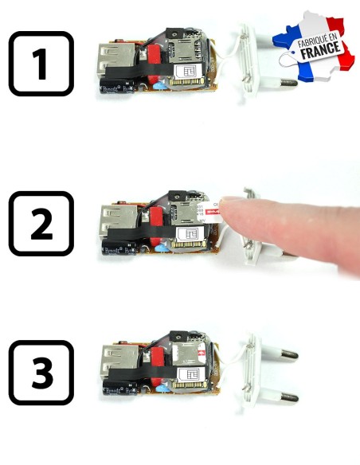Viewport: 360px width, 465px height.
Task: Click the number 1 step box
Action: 41,64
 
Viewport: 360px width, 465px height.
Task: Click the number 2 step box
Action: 41,223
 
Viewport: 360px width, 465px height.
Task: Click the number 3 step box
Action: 41,372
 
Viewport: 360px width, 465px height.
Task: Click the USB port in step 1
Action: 112,60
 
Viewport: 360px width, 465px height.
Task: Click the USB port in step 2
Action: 112,219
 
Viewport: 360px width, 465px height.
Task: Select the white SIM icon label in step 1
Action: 190,72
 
